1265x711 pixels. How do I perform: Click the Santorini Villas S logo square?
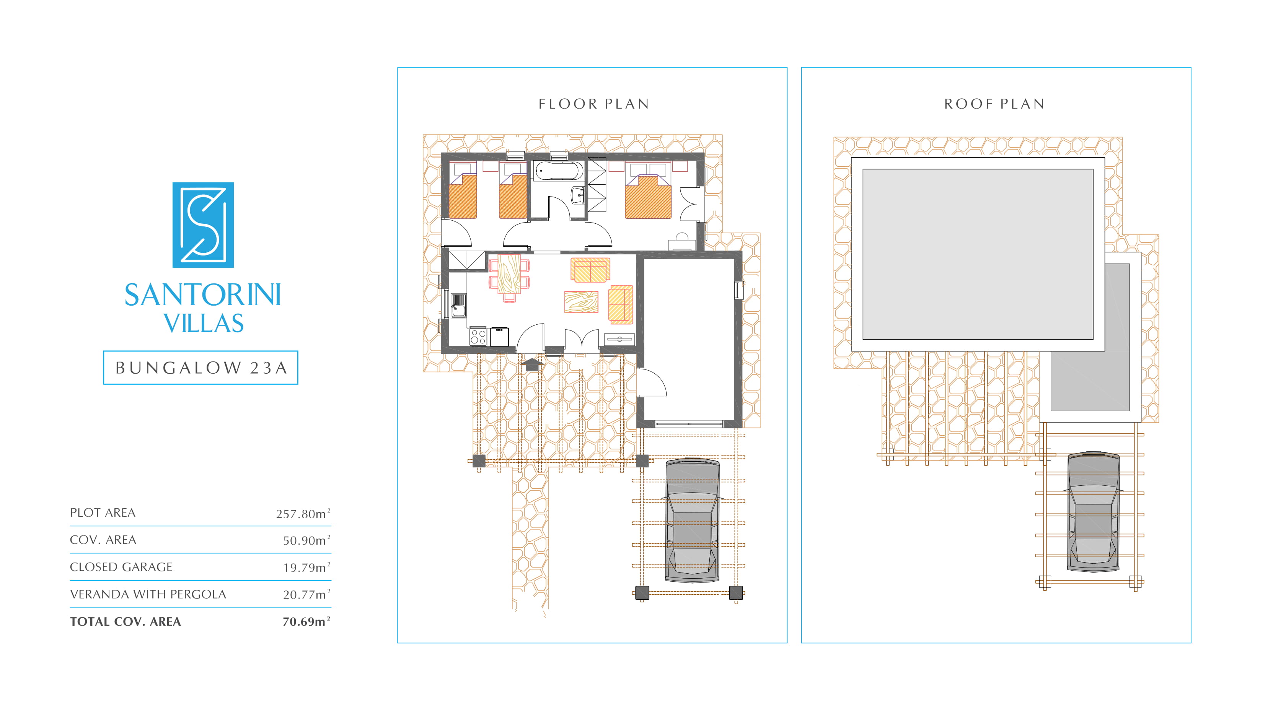pyautogui.click(x=203, y=225)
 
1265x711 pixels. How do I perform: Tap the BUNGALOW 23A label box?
pyautogui.click(x=201, y=368)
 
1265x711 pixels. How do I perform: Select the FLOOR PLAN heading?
pyautogui.click(x=594, y=104)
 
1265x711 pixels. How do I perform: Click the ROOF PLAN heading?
pyautogui.click(x=994, y=104)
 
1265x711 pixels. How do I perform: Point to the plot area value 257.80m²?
pyautogui.click(x=303, y=513)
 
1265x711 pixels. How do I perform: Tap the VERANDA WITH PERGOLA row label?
pyautogui.click(x=148, y=594)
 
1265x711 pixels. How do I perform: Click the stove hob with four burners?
pyautogui.click(x=478, y=337)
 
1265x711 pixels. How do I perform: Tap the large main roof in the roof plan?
pyautogui.click(x=978, y=254)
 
